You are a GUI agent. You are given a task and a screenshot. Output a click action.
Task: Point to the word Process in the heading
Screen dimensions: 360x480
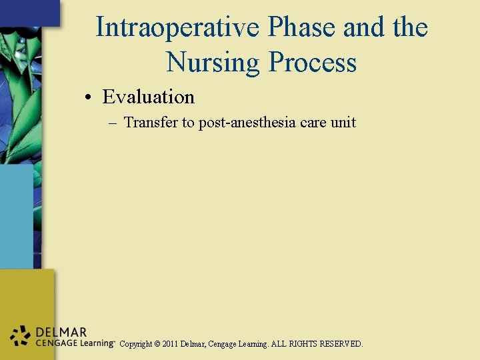312,63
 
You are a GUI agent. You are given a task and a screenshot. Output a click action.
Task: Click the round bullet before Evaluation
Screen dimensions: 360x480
88,98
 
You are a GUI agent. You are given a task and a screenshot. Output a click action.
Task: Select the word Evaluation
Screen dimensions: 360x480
148,97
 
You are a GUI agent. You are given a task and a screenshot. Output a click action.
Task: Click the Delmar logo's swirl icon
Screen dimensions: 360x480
20,336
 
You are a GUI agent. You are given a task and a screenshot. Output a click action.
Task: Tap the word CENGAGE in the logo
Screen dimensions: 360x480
53,343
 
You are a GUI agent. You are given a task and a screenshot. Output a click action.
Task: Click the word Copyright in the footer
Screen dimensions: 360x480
135,345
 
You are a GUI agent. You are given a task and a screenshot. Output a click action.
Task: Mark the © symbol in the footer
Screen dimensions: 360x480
157,345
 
